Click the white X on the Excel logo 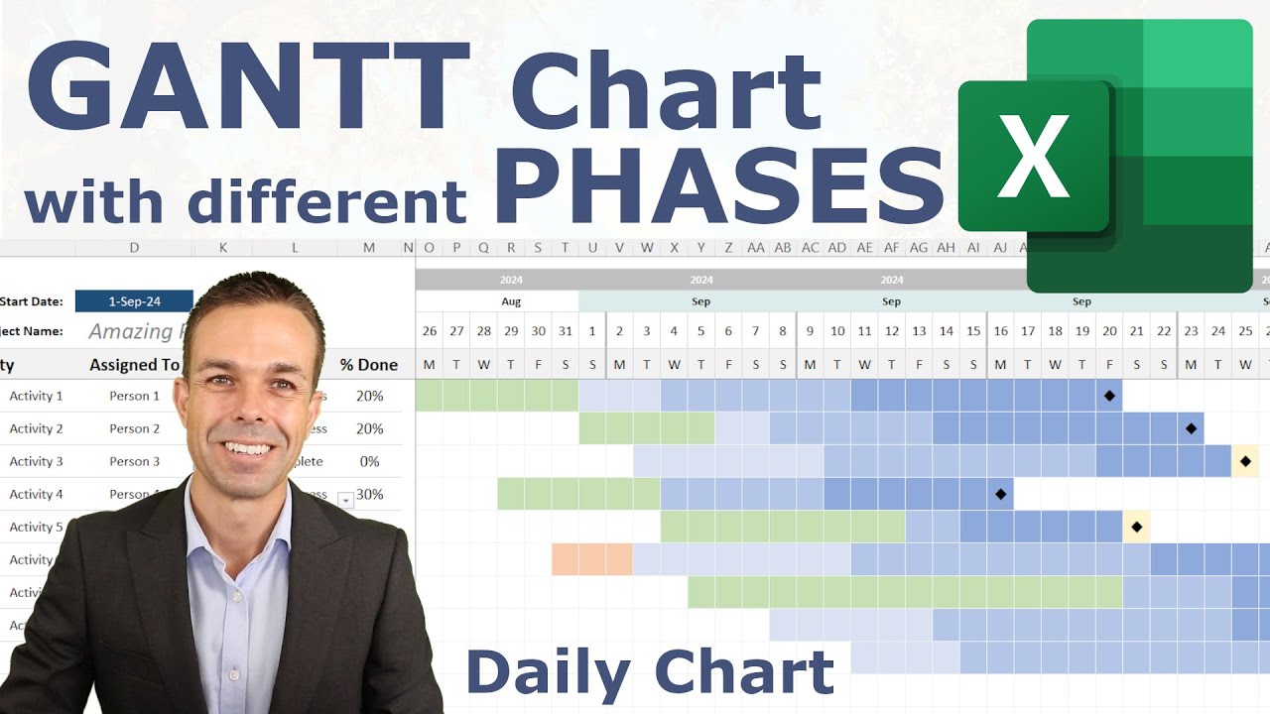tap(1033, 157)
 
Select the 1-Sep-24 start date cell tap(134, 301)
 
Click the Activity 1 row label tap(36, 396)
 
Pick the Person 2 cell tap(135, 428)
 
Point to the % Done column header tap(369, 365)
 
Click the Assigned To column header tap(135, 365)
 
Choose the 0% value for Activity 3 tap(369, 461)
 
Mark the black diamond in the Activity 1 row tap(1109, 396)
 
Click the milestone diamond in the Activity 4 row tap(1000, 494)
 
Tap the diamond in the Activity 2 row tap(1191, 428)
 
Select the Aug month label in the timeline tap(511, 301)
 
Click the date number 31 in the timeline tap(566, 331)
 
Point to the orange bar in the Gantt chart tap(592, 559)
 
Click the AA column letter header tap(756, 248)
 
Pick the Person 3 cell tap(135, 461)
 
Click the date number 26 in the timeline tap(430, 331)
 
